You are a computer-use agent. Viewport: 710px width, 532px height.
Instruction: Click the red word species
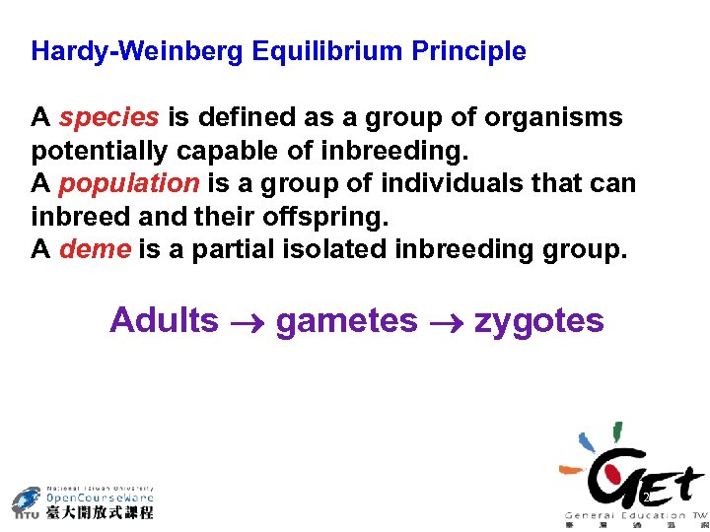pos(108,118)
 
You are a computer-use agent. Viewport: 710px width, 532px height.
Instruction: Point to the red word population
pos(128,183)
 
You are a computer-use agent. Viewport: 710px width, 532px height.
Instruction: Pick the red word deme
pos(95,249)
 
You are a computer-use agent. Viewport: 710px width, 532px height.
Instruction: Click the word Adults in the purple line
pos(164,320)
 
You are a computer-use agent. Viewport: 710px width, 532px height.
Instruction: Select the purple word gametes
pos(346,320)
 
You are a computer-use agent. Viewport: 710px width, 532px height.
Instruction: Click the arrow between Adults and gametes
pos(248,322)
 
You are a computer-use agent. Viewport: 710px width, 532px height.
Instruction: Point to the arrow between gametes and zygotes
pos(446,322)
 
